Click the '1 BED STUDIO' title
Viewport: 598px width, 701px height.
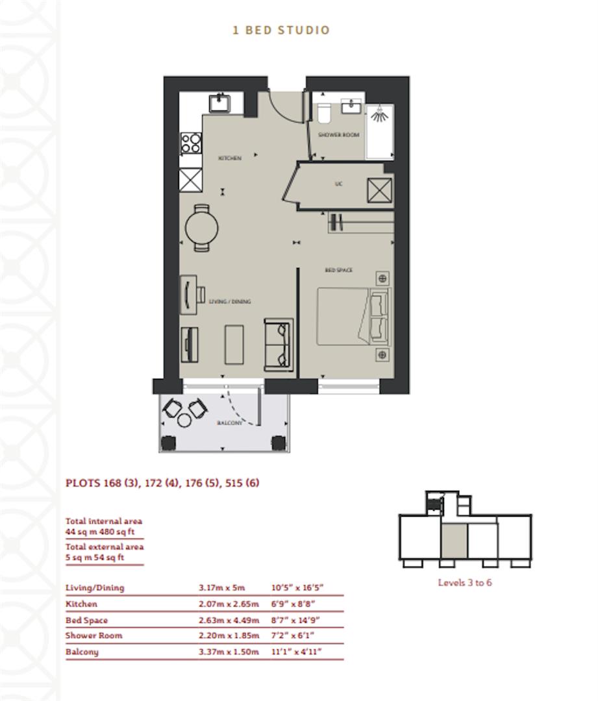coord(281,30)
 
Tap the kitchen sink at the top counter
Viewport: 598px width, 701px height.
coord(219,103)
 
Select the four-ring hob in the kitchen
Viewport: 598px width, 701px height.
coord(191,143)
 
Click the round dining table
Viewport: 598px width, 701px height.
coord(201,227)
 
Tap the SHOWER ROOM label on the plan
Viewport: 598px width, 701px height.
coord(338,135)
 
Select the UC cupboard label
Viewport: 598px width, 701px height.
coord(338,184)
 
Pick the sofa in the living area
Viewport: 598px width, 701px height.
coord(280,345)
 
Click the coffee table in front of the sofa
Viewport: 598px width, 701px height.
coord(234,345)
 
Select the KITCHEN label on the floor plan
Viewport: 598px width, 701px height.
coord(230,158)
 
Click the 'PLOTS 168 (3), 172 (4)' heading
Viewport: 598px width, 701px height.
coord(162,483)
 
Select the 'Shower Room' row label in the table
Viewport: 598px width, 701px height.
coord(93,635)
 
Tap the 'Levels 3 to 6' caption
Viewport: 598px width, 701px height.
coord(465,582)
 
